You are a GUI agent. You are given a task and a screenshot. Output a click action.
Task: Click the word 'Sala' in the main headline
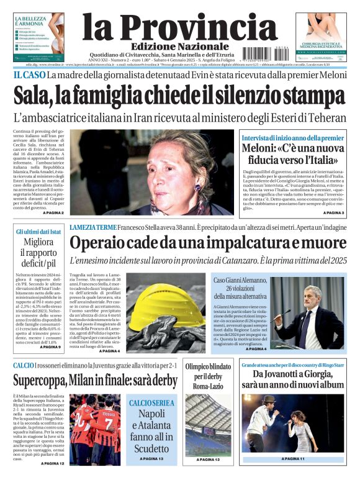pyautogui.click(x=34, y=96)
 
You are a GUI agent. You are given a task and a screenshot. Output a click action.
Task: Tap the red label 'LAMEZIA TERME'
pyautogui.click(x=93, y=227)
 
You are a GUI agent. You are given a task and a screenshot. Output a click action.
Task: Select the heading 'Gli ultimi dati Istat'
pyautogui.click(x=38, y=232)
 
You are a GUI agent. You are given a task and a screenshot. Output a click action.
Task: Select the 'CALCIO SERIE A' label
pyautogui.click(x=151, y=403)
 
